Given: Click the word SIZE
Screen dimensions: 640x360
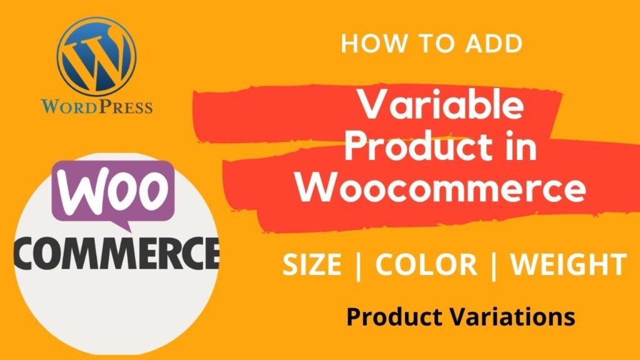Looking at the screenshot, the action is pyautogui.click(x=312, y=264).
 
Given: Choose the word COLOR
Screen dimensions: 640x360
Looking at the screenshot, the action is pyautogui.click(x=426, y=264).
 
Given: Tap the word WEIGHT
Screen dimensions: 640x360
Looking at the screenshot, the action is pyautogui.click(x=568, y=264).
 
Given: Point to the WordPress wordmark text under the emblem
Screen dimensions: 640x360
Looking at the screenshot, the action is pyautogui.click(x=97, y=106).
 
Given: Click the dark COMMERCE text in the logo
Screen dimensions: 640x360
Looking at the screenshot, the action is pyautogui.click(x=117, y=254).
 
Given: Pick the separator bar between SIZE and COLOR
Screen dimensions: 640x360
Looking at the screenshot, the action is pyautogui.click(x=359, y=266).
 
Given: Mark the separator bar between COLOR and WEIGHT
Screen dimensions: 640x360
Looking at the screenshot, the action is pyautogui.click(x=494, y=266).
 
